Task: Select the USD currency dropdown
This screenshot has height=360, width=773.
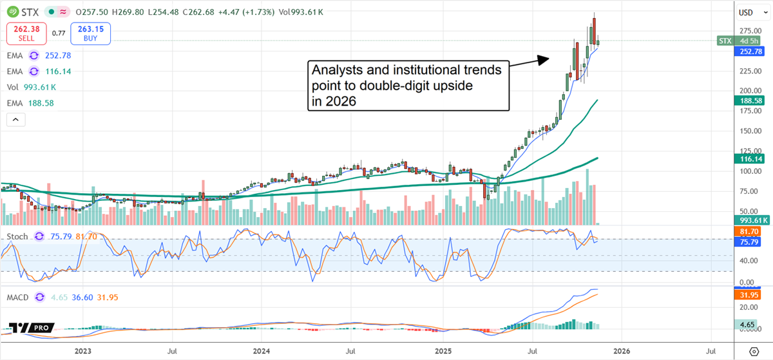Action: [747, 12]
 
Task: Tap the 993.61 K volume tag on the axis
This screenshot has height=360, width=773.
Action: [752, 220]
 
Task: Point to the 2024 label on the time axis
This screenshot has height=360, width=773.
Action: [262, 351]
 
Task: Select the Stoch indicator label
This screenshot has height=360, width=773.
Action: [17, 237]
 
